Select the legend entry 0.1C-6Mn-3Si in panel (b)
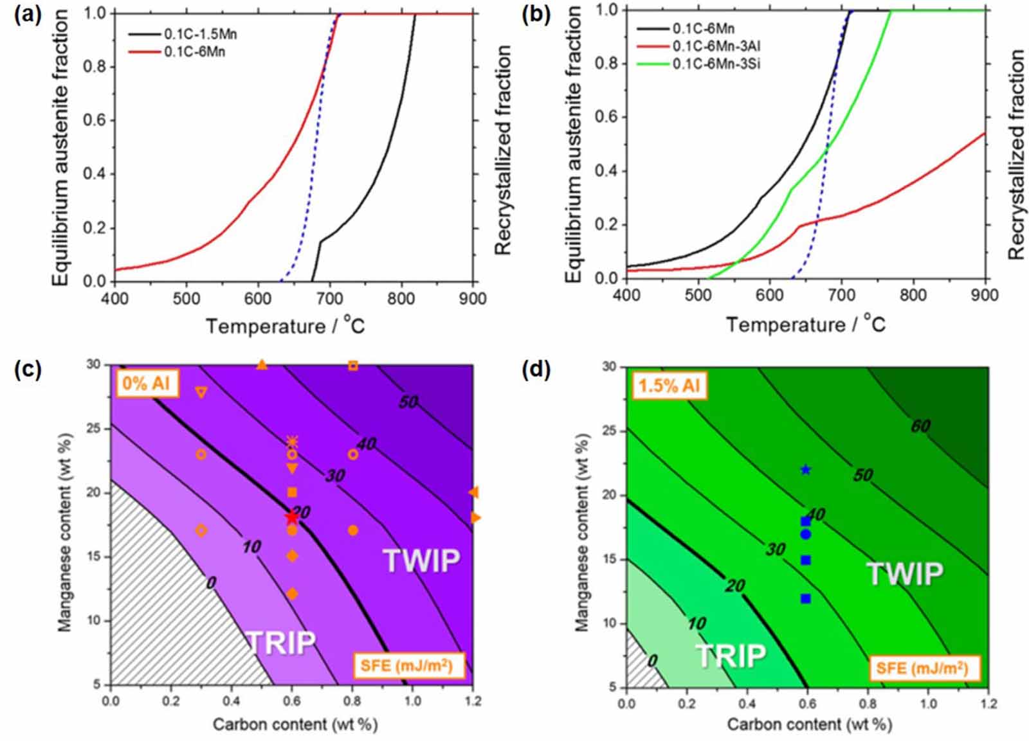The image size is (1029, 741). tap(716, 64)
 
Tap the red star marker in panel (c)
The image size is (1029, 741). tap(292, 517)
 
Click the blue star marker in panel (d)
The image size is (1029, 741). tap(805, 470)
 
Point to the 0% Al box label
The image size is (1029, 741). tap(147, 384)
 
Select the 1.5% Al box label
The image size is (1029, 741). tap(669, 386)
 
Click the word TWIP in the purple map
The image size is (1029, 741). tap(422, 560)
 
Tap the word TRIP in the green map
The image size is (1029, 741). tap(731, 656)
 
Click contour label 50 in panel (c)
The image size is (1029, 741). tap(408, 402)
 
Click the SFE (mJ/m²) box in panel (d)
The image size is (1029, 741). tap(922, 668)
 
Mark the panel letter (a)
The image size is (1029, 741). tap(28, 16)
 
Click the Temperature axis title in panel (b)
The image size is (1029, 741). tap(805, 324)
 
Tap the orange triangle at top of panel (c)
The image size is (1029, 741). tap(262, 365)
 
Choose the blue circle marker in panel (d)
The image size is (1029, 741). tap(805, 535)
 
